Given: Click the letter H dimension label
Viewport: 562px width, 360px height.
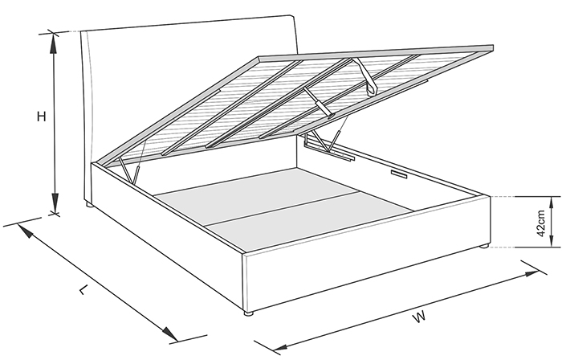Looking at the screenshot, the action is point(42,117).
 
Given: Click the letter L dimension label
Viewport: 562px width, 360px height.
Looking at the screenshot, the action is point(83,289).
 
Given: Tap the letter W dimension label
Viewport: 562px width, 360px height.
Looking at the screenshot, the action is point(419,317).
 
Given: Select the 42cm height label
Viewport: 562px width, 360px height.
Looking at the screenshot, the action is point(541,223).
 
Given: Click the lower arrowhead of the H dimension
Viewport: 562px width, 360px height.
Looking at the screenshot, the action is point(55,203).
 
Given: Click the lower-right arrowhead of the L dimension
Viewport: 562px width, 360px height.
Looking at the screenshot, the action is point(170,333).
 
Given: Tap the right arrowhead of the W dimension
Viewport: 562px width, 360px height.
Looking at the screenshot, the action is point(531,273).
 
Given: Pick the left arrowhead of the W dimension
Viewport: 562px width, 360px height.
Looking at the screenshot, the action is point(281,347).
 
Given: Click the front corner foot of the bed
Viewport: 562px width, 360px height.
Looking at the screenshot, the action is point(248,313).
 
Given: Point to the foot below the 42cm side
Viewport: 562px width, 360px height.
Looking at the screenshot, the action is point(484,247).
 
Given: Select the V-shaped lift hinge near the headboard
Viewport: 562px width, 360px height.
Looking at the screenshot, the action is point(128,170).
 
